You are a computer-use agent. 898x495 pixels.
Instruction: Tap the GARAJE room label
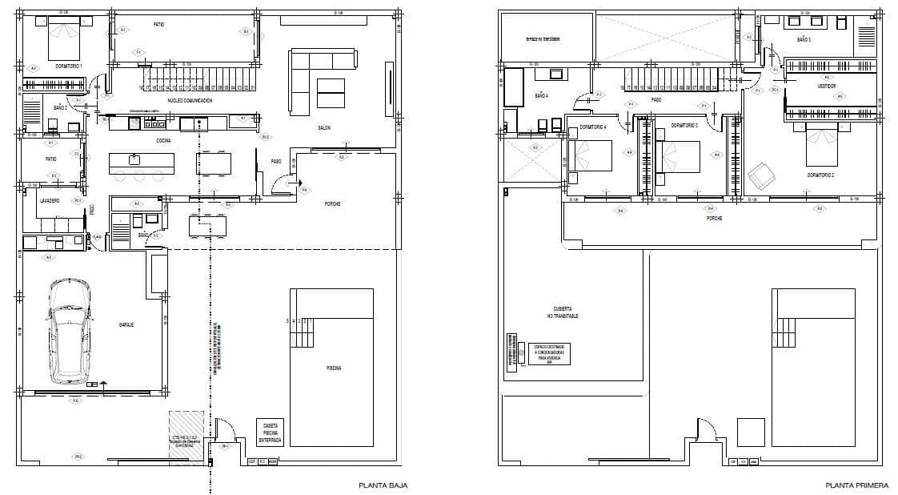pyautogui.click(x=126, y=324)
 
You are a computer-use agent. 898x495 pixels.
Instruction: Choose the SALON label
pyautogui.click(x=324, y=128)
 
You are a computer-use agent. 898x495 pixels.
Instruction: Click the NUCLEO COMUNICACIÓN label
pyautogui.click(x=190, y=100)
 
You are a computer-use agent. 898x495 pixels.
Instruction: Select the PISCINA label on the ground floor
pyautogui.click(x=334, y=368)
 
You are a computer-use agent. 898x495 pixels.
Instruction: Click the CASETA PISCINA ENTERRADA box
pyautogui.click(x=270, y=433)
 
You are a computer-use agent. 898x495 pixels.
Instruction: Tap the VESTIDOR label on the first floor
pyautogui.click(x=827, y=86)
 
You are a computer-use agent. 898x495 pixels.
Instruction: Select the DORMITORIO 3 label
pyautogui.click(x=684, y=127)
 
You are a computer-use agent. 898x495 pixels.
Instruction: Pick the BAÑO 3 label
pyautogui.click(x=804, y=39)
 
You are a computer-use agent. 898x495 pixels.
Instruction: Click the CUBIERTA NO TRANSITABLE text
pyautogui.click(x=565, y=313)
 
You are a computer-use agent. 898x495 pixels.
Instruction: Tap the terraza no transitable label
pyautogui.click(x=543, y=38)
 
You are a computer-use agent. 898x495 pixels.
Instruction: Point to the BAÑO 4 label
pyautogui.click(x=541, y=95)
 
